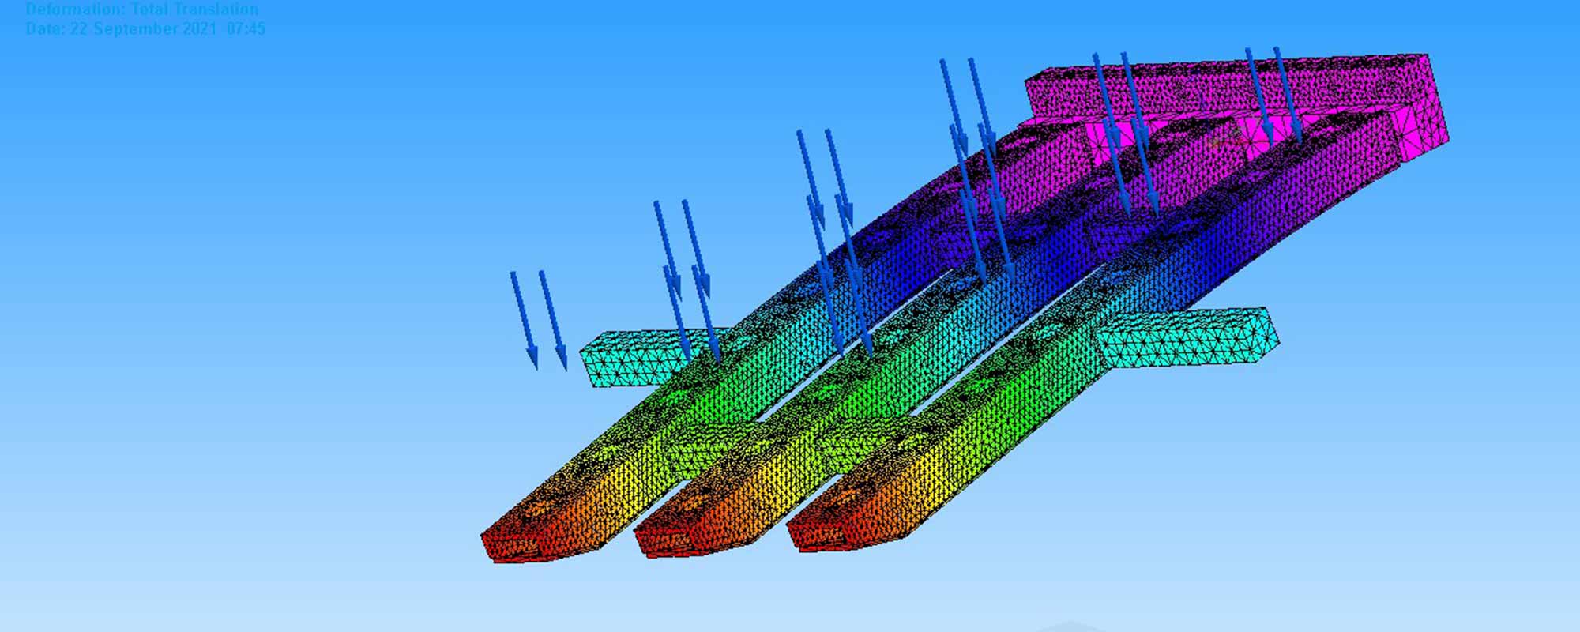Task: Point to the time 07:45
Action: pyautogui.click(x=246, y=29)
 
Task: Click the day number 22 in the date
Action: pyautogui.click(x=78, y=29)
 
